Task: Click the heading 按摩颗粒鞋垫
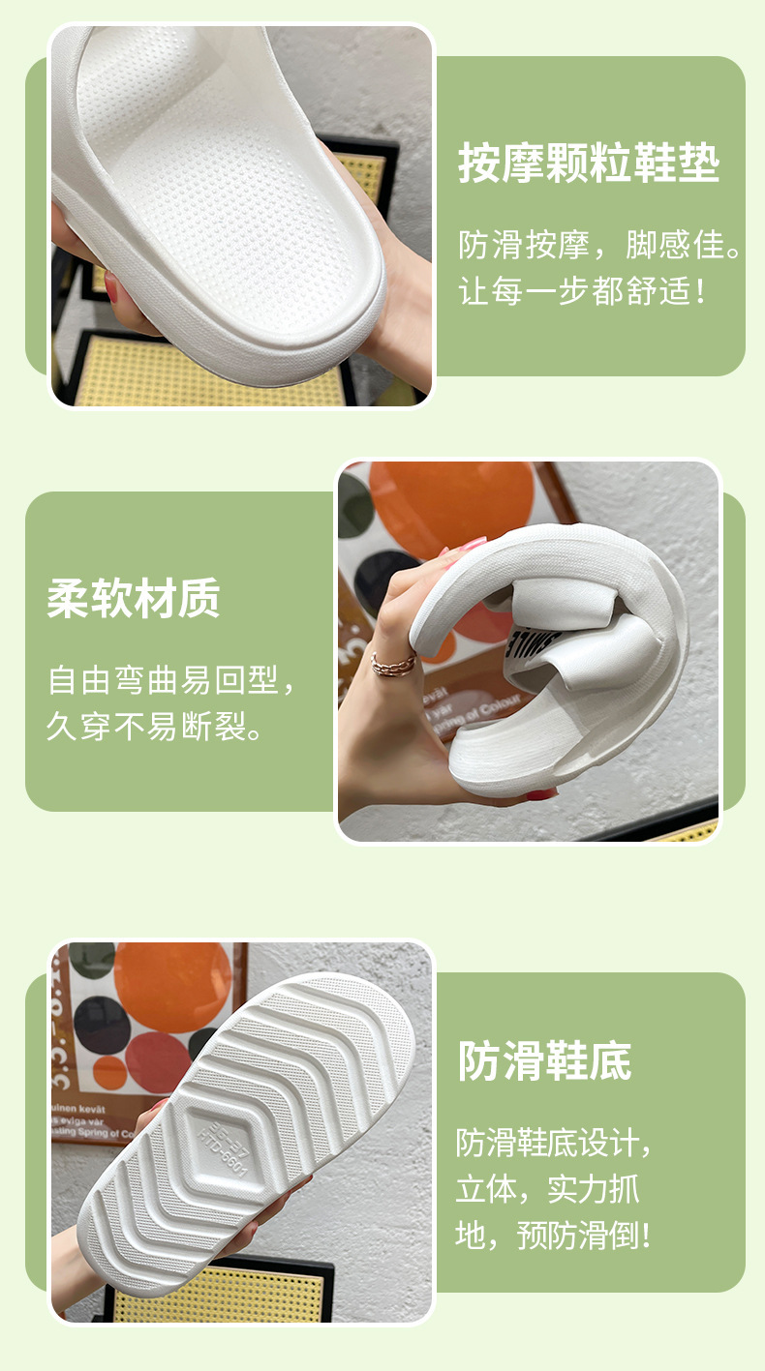pos(589,164)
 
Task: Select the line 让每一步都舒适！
pos(585,290)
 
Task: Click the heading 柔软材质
pos(134,599)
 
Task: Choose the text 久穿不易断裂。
pos(155,726)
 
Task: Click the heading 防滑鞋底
pos(544,1061)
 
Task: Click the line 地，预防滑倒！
pos(554,1236)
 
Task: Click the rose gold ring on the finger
pos(393,664)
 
